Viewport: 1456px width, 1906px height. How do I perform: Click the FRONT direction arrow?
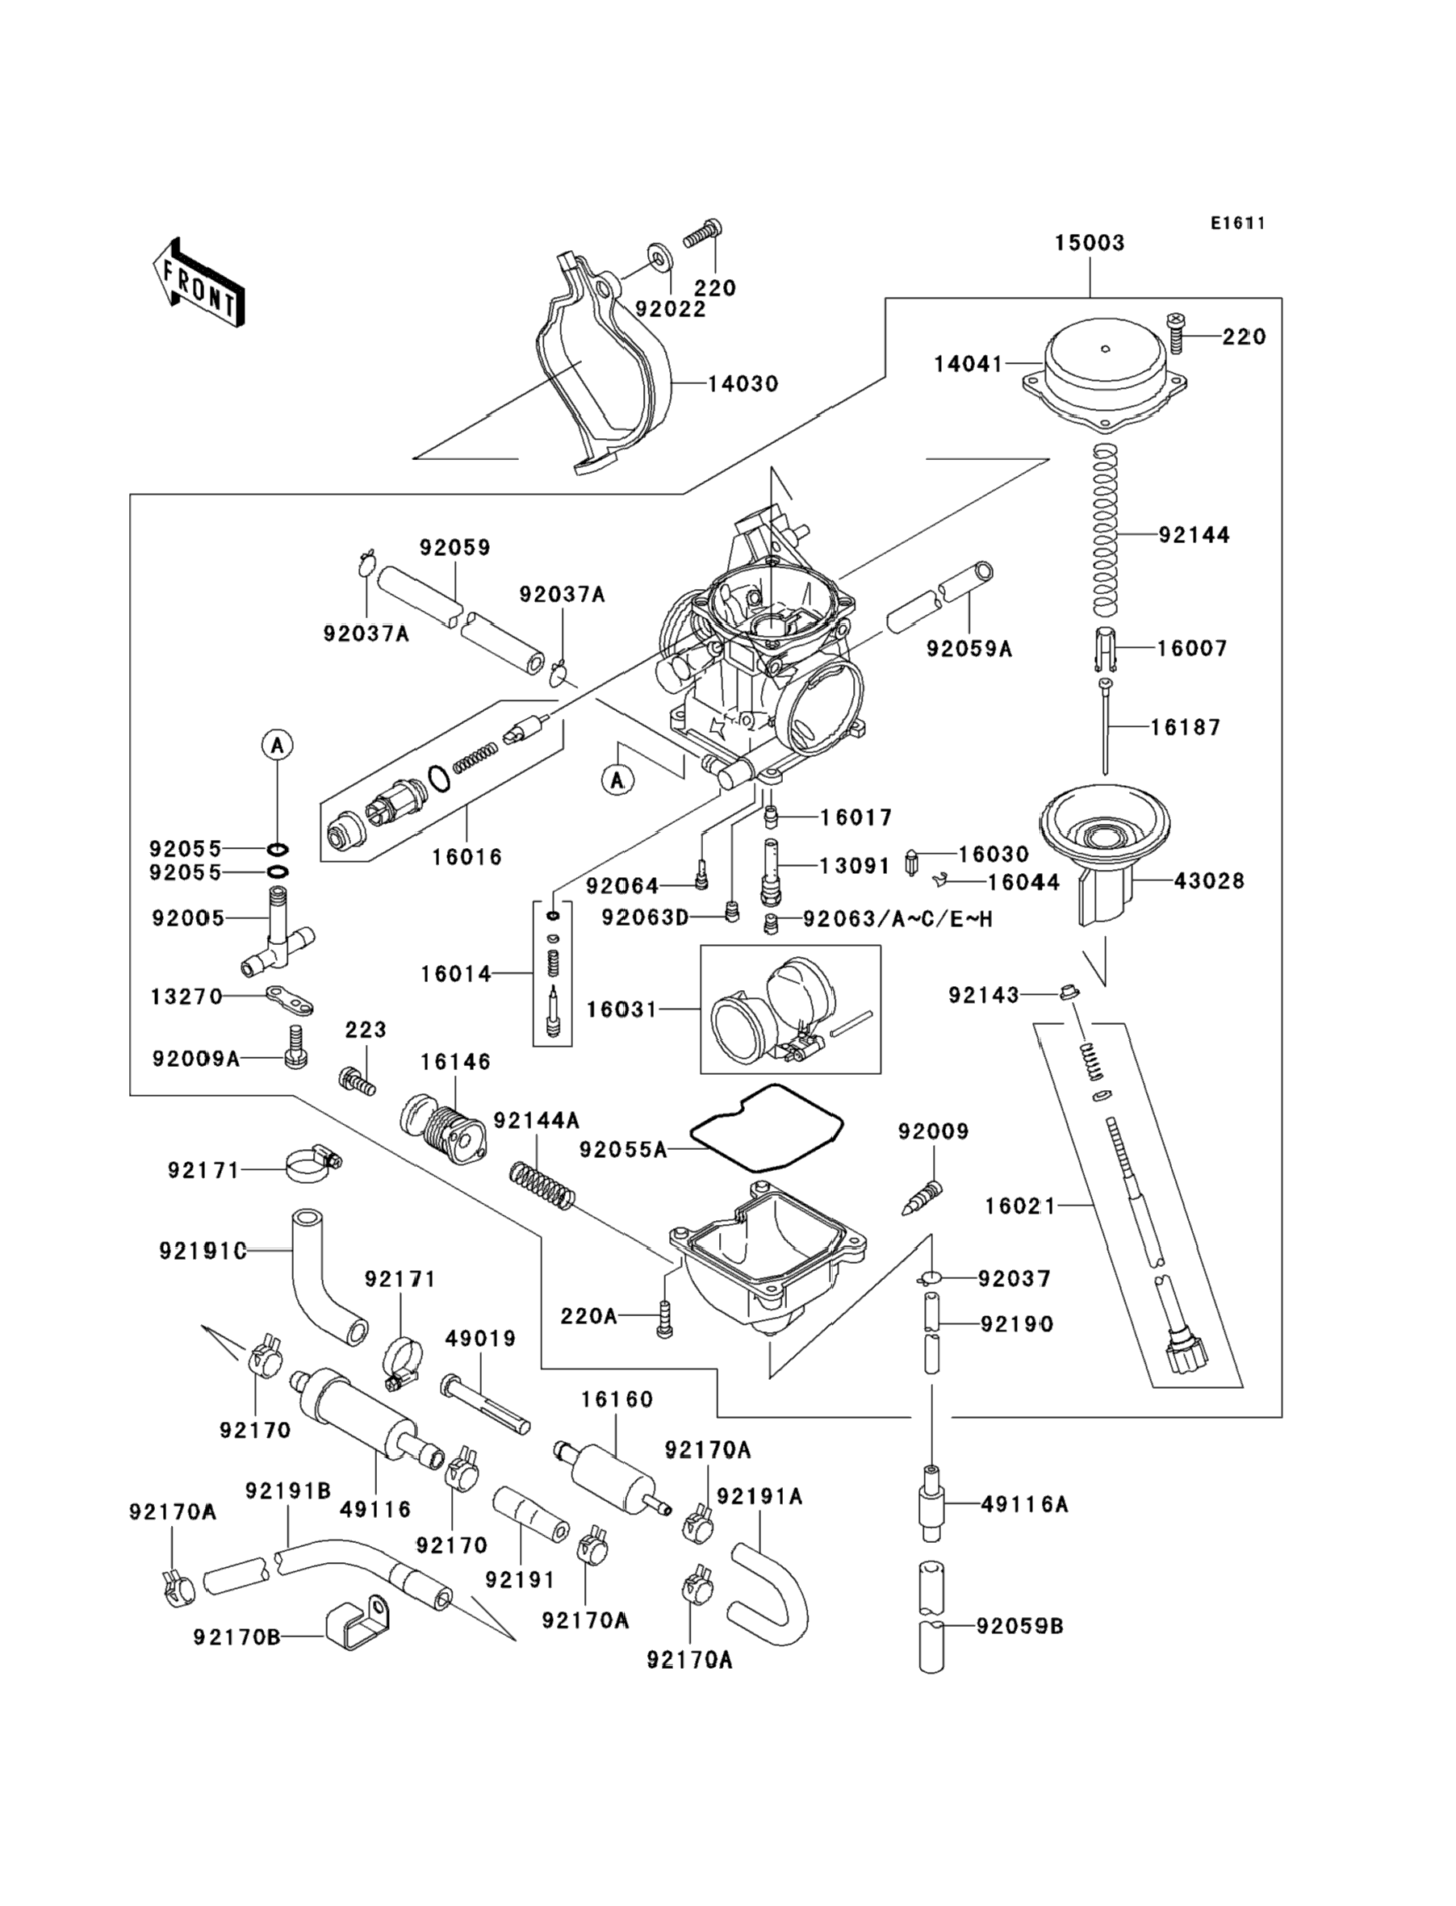tap(199, 284)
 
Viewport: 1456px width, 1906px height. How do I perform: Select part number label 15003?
tap(1090, 244)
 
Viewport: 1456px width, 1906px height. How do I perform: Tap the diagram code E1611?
tap(1237, 224)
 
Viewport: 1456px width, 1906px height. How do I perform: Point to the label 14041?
tap(967, 365)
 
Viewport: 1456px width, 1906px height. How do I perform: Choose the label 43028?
tap(1209, 882)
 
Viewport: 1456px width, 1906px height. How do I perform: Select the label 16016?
tap(467, 858)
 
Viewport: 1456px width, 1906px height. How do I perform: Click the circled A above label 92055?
tap(278, 744)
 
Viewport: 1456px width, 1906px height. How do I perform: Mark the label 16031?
tap(621, 1009)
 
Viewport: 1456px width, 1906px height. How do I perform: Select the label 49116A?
tap(1024, 1505)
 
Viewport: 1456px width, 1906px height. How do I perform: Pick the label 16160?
tap(617, 1399)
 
